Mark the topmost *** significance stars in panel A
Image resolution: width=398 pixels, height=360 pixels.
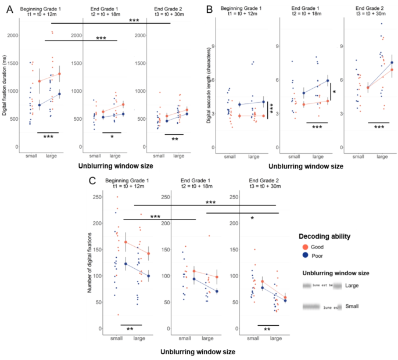tap(134, 20)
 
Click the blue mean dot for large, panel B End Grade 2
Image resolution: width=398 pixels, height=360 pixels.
tap(392, 63)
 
